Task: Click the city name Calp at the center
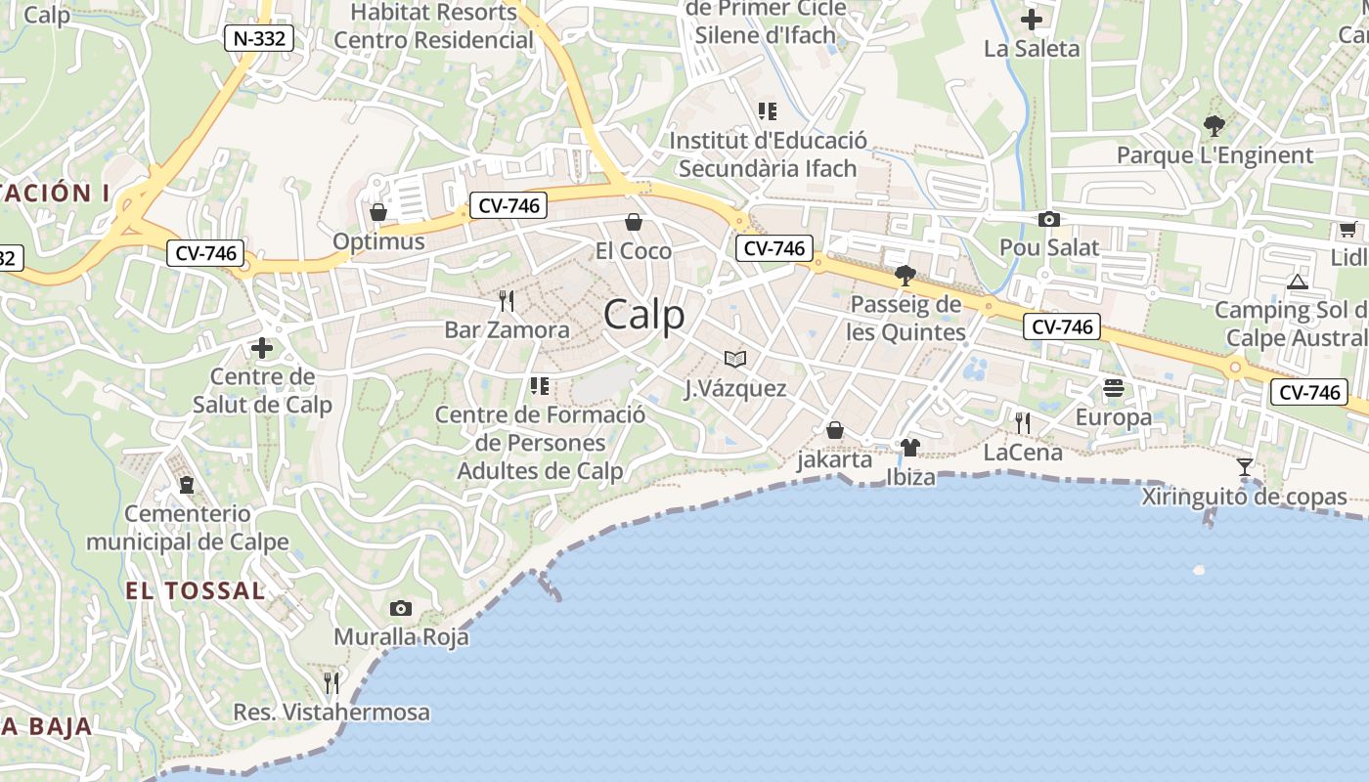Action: pyautogui.click(x=643, y=315)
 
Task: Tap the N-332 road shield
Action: pyautogui.click(x=259, y=39)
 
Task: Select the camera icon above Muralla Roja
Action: pyautogui.click(x=400, y=608)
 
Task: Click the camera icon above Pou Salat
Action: pyautogui.click(x=1048, y=219)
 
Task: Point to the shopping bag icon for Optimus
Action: pyautogui.click(x=378, y=212)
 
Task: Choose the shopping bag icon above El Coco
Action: pyautogui.click(x=633, y=222)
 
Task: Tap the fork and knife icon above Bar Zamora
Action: pyautogui.click(x=506, y=300)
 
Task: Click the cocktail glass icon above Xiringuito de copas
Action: pyautogui.click(x=1244, y=467)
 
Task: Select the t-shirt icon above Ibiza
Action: pyautogui.click(x=910, y=448)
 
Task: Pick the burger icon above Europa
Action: pyautogui.click(x=1113, y=388)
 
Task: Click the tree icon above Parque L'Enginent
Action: pyautogui.click(x=1214, y=125)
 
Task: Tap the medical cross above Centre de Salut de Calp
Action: pyautogui.click(x=262, y=347)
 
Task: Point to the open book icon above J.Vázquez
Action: pyautogui.click(x=734, y=359)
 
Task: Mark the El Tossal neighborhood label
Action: pyautogui.click(x=195, y=590)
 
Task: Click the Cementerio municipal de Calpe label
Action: pyautogui.click(x=188, y=528)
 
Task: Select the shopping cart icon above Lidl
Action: pyautogui.click(x=1347, y=230)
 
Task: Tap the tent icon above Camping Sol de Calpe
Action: pyautogui.click(x=1298, y=282)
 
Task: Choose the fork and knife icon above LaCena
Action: pyautogui.click(x=1022, y=422)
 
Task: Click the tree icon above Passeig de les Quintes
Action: pyautogui.click(x=905, y=275)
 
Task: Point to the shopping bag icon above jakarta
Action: pyautogui.click(x=835, y=430)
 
